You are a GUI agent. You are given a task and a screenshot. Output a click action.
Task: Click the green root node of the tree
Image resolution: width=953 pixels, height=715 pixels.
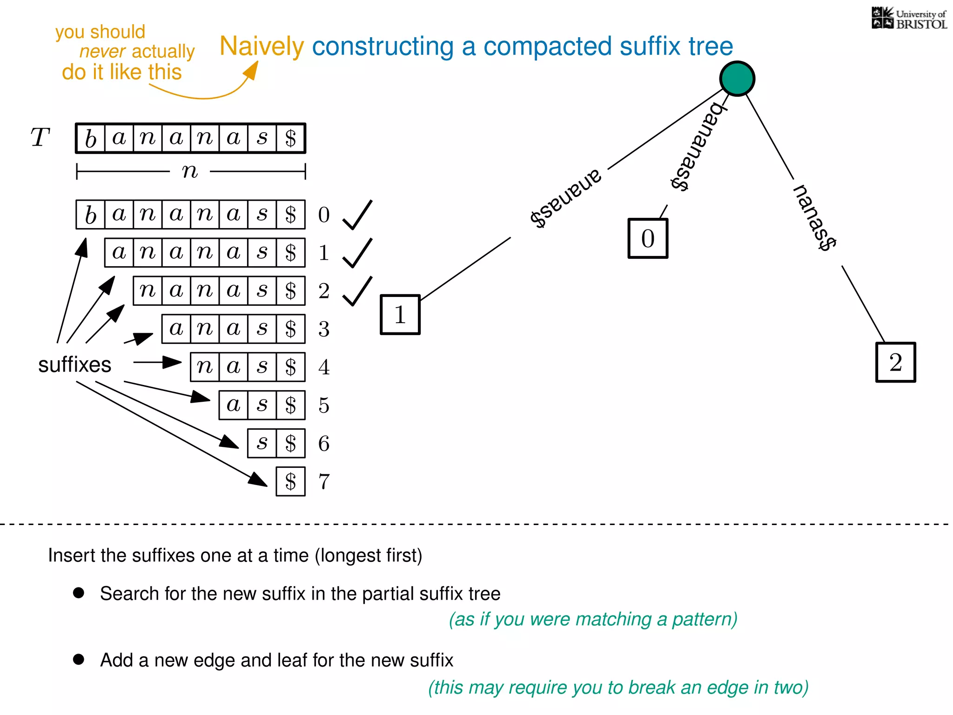737,79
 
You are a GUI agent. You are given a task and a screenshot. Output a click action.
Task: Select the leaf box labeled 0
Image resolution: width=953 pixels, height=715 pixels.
648,238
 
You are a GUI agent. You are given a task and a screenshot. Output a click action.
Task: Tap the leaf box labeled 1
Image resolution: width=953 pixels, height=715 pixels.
400,315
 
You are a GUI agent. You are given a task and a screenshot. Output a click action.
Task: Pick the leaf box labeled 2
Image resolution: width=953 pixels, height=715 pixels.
896,363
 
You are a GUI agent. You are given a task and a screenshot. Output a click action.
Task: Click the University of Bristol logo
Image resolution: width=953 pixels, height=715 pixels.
909,19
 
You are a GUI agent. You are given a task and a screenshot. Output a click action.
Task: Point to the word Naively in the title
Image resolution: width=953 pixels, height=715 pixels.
262,47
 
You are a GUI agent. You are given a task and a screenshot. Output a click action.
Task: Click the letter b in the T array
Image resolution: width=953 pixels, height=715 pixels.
91,138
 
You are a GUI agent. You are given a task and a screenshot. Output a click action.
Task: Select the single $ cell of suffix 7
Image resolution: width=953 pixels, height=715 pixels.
291,481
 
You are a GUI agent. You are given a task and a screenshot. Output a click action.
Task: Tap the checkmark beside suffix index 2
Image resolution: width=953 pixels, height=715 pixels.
357,291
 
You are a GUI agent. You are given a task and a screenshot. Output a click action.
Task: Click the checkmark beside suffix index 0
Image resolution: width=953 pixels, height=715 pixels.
357,215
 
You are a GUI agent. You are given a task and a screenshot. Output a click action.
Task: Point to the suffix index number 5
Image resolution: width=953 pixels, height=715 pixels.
324,405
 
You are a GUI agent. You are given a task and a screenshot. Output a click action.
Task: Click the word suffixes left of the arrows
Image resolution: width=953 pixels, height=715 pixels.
74,364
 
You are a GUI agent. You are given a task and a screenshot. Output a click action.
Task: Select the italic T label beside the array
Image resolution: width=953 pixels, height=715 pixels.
40,138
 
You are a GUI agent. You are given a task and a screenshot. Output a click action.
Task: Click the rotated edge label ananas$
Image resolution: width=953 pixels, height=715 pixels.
566,198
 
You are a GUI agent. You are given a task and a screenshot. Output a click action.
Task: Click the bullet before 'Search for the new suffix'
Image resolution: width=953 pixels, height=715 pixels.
79,593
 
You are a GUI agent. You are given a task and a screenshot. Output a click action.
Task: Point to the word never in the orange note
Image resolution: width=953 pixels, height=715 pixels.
102,52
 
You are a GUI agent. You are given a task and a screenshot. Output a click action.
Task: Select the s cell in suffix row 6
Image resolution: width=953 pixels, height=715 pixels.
262,443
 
